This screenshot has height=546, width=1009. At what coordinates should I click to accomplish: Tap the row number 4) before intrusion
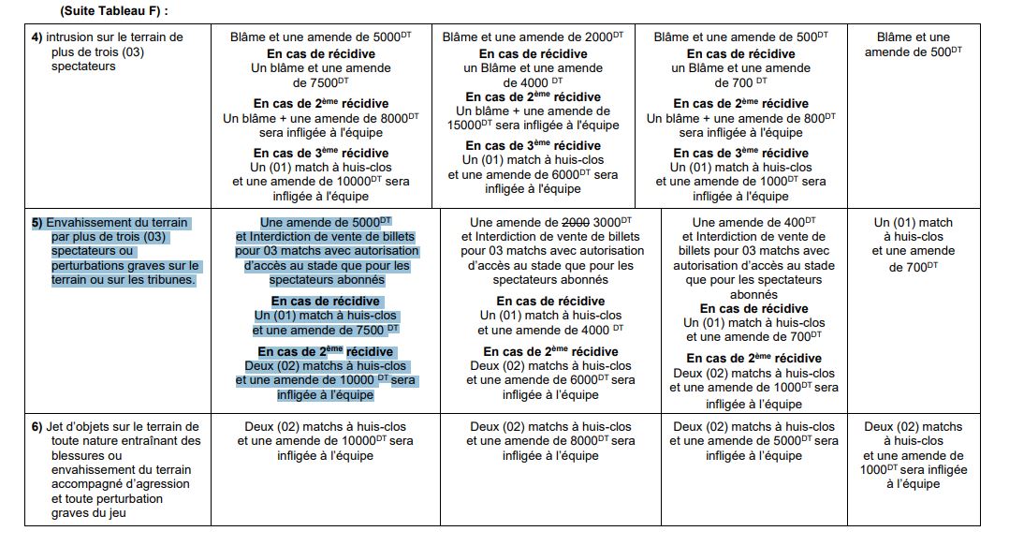tap(37, 37)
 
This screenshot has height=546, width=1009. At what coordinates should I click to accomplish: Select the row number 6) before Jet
tap(37, 427)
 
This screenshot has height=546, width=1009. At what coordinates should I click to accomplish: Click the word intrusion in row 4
tap(73, 37)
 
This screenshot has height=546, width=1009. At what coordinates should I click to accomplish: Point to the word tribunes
tap(168, 279)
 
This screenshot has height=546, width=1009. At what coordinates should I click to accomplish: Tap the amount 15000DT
tap(473, 125)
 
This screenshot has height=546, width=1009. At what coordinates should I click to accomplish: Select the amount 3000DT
tap(612, 222)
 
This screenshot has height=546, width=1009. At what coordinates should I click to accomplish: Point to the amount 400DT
tap(798, 222)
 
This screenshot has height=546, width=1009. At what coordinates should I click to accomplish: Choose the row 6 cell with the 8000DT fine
tap(551, 441)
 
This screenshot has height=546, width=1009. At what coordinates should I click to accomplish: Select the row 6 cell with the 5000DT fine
tap(753, 441)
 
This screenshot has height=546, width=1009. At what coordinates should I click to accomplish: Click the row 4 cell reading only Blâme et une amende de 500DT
tap(913, 44)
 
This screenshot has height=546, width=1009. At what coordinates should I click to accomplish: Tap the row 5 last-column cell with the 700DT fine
tap(913, 244)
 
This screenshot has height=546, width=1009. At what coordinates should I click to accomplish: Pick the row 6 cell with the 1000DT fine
tap(913, 455)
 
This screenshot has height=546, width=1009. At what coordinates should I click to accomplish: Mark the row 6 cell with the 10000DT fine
tap(325, 441)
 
